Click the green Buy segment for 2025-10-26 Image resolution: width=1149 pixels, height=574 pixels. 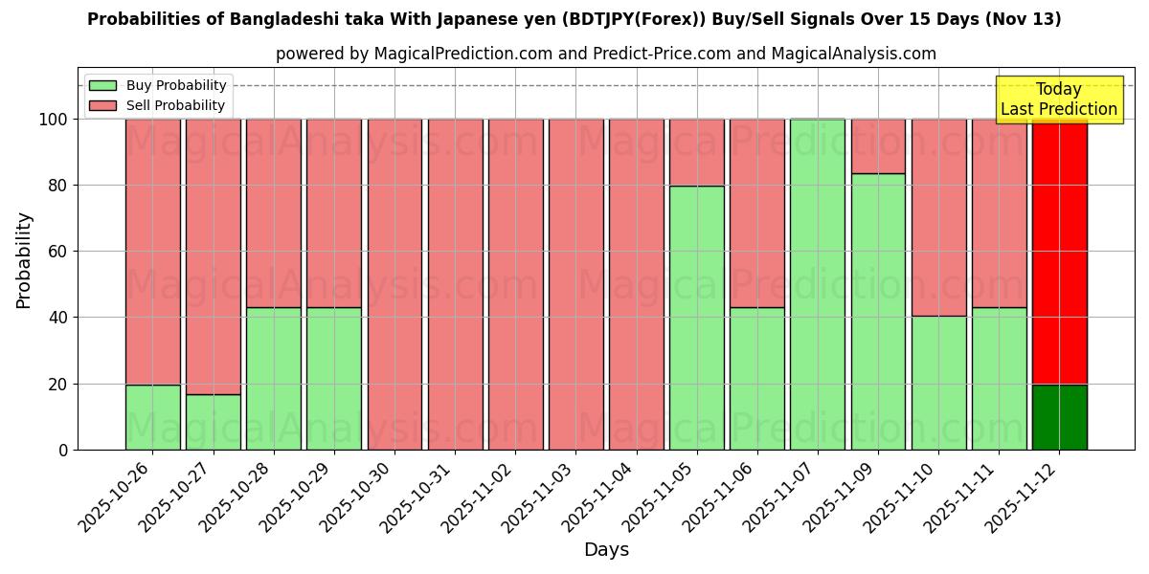pyautogui.click(x=152, y=417)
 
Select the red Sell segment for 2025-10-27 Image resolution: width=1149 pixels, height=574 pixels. pyautogui.click(x=213, y=256)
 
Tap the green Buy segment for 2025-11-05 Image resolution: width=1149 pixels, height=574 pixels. pyautogui.click(x=696, y=318)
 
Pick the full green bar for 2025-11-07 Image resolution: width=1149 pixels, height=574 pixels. pyautogui.click(x=817, y=284)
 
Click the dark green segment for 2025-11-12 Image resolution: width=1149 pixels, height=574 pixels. pyautogui.click(x=1059, y=417)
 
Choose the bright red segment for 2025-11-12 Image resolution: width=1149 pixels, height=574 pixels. pyautogui.click(x=1059, y=252)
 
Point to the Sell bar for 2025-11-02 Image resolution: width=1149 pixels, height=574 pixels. pyautogui.click(x=515, y=284)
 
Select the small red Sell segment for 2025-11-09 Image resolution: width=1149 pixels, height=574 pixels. pyautogui.click(x=877, y=145)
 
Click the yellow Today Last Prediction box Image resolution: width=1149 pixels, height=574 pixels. pyautogui.click(x=1058, y=99)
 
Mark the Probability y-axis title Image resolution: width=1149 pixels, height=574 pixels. pyautogui.click(x=24, y=260)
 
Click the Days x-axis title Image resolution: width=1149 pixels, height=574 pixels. pyautogui.click(x=606, y=550)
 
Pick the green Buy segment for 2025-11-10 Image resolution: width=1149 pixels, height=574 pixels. pyautogui.click(x=938, y=383)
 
